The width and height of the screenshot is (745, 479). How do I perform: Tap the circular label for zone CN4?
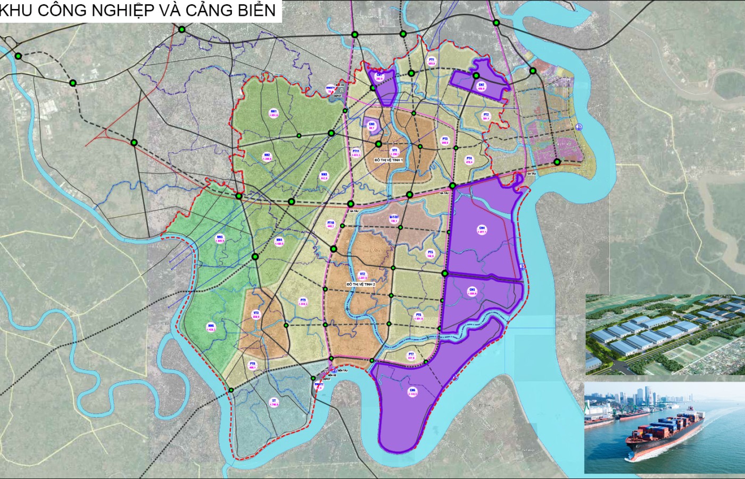482,229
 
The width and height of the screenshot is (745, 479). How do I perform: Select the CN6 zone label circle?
412,392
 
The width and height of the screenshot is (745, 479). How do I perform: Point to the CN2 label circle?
481,87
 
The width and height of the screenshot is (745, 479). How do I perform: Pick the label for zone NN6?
212,328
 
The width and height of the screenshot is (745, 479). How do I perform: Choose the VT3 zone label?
255,315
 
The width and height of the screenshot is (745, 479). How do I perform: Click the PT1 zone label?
432,62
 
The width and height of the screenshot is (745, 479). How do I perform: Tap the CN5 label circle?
471,292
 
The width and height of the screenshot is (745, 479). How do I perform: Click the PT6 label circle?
419,317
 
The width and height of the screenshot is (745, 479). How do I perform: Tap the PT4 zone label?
469,160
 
